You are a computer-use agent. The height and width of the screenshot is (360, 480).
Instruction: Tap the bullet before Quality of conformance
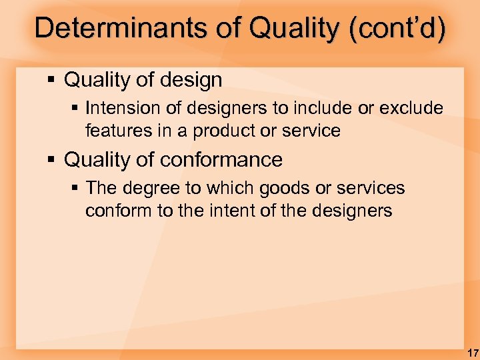51,161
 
